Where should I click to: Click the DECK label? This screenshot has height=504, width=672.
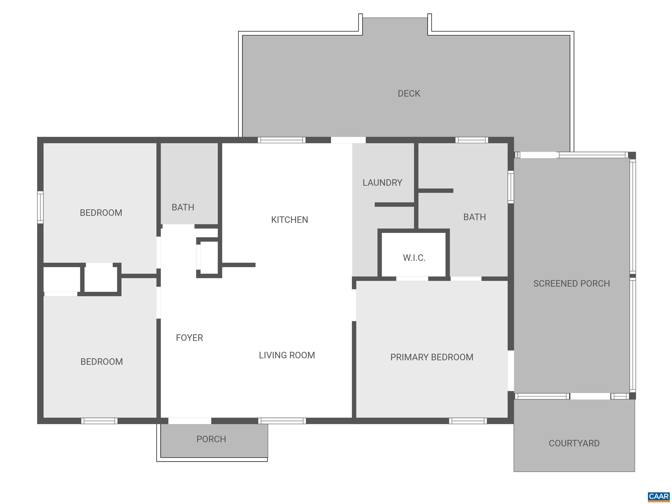pos(409,93)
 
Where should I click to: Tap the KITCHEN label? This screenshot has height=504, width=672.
pos(289,220)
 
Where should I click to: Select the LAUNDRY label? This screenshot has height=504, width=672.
pos(382,183)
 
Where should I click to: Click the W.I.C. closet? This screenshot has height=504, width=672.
pos(414,258)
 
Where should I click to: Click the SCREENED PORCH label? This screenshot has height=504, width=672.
pos(571,283)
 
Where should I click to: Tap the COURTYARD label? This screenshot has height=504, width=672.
pos(574,443)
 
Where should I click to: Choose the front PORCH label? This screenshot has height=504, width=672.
pos(211,439)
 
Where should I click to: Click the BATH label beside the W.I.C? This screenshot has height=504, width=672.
pos(474,217)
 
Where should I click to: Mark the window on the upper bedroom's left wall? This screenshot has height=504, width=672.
pos(40,207)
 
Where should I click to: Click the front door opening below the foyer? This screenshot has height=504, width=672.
pos(189,421)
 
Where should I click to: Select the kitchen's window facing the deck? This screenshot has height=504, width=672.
pos(282,140)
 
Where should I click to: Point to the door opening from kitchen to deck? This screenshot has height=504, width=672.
pos(348,140)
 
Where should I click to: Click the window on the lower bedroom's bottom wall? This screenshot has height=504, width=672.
pos(99,421)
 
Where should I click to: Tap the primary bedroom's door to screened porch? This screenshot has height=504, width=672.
pos(511,371)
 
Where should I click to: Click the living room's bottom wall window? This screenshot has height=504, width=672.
pos(282,421)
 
